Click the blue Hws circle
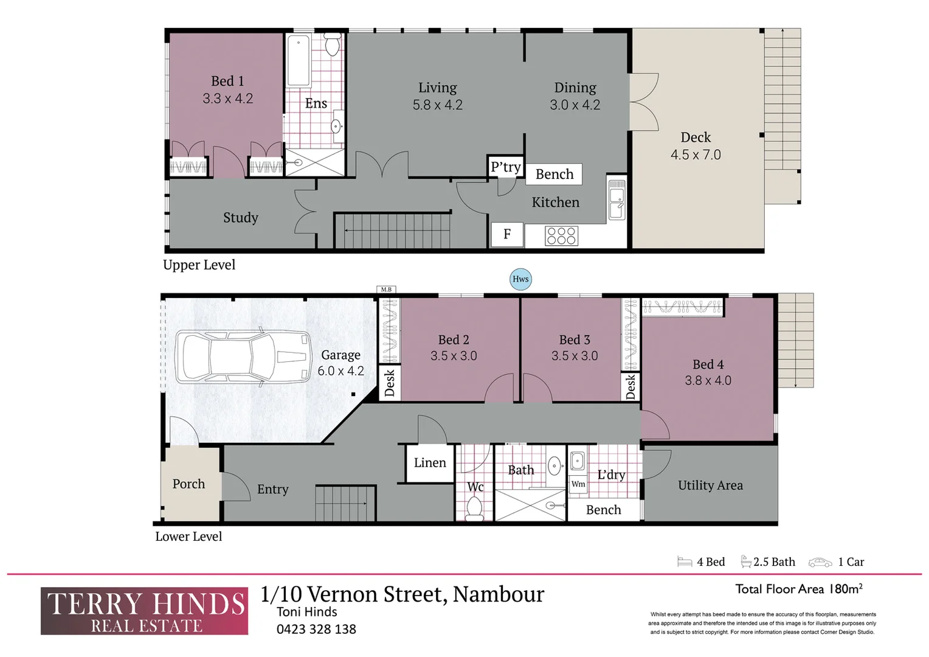520,279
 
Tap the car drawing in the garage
243,356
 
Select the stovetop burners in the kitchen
561,236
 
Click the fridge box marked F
507,234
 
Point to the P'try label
506,167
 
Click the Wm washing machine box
578,484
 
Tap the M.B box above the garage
386,290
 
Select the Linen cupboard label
430,462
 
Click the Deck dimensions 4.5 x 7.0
696,155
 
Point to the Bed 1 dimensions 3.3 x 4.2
227,99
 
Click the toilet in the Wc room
474,509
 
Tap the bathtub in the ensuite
298,61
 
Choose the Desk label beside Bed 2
390,383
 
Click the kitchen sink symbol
616,200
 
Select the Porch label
188,484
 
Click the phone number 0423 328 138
316,629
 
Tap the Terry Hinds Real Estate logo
144,611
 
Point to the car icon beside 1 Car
820,562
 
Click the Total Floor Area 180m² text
799,589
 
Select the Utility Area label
710,485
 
